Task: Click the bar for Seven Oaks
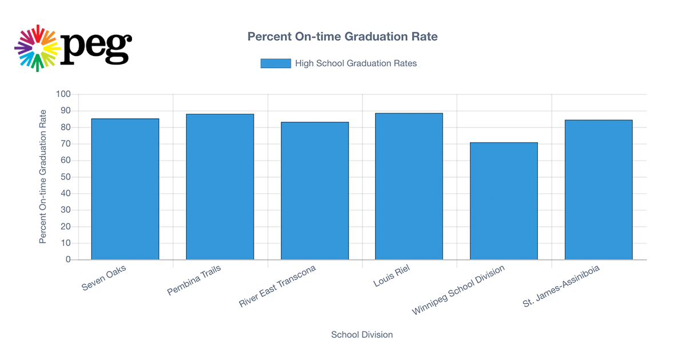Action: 125,189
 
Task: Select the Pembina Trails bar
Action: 220,187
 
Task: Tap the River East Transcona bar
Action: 314,191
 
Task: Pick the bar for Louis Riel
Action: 409,186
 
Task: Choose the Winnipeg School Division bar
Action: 504,201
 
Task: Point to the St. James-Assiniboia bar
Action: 599,190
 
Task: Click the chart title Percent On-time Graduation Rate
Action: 342,37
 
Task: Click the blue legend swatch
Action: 276,63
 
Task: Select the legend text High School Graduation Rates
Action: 356,63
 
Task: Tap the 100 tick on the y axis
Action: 63,94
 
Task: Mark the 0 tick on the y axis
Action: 68,259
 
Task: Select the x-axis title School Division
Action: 362,334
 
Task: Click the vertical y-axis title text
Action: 43,177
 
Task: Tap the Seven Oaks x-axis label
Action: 105,278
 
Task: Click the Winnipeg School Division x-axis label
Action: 459,290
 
